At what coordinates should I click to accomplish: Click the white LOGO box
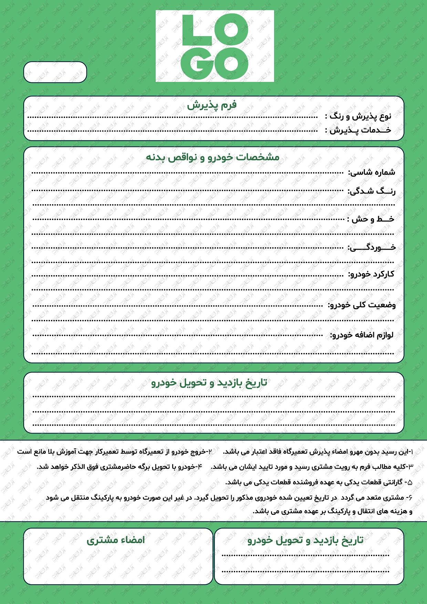click(x=215, y=46)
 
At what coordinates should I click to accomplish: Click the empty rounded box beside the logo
click(x=55, y=72)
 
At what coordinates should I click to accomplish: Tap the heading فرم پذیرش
click(x=212, y=105)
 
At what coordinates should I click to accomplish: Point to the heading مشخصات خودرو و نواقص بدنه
click(x=213, y=157)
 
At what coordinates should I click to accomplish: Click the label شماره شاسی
click(x=372, y=172)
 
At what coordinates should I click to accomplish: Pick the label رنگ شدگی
click(x=372, y=191)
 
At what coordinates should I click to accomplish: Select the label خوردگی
click(x=372, y=247)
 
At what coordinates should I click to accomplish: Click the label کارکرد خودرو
click(x=371, y=274)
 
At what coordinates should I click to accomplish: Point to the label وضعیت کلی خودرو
click(x=362, y=305)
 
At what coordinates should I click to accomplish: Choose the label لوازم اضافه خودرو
click(x=362, y=335)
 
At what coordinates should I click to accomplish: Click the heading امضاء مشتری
click(x=116, y=540)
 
